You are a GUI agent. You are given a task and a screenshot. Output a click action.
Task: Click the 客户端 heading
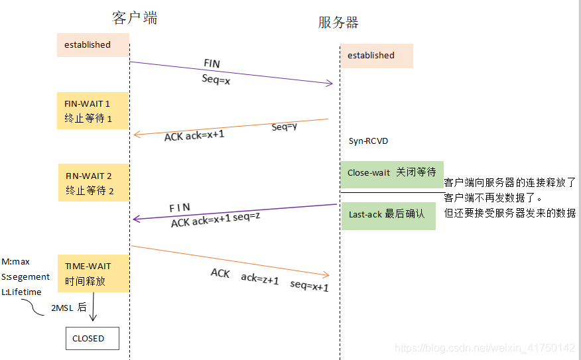135,18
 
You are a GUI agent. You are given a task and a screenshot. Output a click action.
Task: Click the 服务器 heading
338,23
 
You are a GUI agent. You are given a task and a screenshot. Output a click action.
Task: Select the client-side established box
93,45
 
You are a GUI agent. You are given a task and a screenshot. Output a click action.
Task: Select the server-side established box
377,56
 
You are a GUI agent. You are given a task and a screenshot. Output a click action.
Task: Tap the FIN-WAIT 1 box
93,111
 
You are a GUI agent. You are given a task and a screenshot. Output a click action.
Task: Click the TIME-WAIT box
93,273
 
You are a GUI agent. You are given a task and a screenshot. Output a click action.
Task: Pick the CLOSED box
92,338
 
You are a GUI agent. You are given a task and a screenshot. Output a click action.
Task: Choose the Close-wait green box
391,173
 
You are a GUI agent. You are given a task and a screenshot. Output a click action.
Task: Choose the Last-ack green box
388,215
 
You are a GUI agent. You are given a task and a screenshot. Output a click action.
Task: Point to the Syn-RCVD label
368,141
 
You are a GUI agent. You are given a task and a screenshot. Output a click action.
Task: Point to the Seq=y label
284,127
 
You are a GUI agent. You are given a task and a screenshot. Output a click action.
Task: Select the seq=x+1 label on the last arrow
309,286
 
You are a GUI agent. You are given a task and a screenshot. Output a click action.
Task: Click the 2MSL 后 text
69,307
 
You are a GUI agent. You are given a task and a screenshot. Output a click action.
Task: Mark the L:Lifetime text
21,292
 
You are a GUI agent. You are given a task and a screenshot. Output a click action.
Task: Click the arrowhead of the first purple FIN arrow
329,84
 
